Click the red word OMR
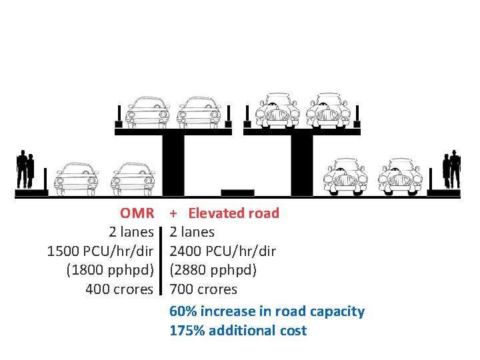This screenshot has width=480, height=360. (137, 213)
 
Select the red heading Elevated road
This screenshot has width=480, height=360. (233, 213)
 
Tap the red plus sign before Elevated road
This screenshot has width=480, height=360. (173, 214)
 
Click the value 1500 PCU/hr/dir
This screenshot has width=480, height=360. (100, 251)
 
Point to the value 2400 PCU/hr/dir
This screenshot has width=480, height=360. (223, 251)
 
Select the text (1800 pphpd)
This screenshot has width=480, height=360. (110, 270)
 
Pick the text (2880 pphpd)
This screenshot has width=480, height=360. (213, 270)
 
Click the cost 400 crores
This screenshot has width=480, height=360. (120, 289)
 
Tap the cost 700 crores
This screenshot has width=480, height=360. (203, 289)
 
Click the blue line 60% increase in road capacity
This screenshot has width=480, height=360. (267, 311)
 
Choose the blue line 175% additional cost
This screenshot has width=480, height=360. (238, 331)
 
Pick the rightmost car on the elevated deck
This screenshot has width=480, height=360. (328, 110)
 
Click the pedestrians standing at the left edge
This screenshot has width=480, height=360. (25, 170)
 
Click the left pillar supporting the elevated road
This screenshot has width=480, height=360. (173, 163)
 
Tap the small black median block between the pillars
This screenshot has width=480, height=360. (237, 193)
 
